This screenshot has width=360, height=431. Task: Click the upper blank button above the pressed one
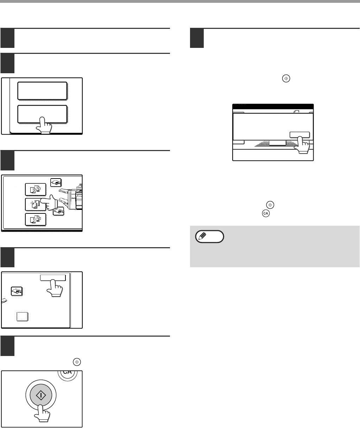click(x=42, y=91)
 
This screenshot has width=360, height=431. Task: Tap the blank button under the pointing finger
click(x=42, y=114)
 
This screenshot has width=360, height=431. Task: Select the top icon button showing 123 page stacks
click(x=36, y=189)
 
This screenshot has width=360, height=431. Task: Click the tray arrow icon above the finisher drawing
click(x=56, y=182)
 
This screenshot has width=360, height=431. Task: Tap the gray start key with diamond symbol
click(x=41, y=395)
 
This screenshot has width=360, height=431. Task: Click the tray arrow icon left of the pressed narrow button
click(x=16, y=291)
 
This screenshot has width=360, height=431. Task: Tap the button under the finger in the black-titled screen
click(x=299, y=135)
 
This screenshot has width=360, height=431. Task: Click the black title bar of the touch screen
click(x=273, y=106)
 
